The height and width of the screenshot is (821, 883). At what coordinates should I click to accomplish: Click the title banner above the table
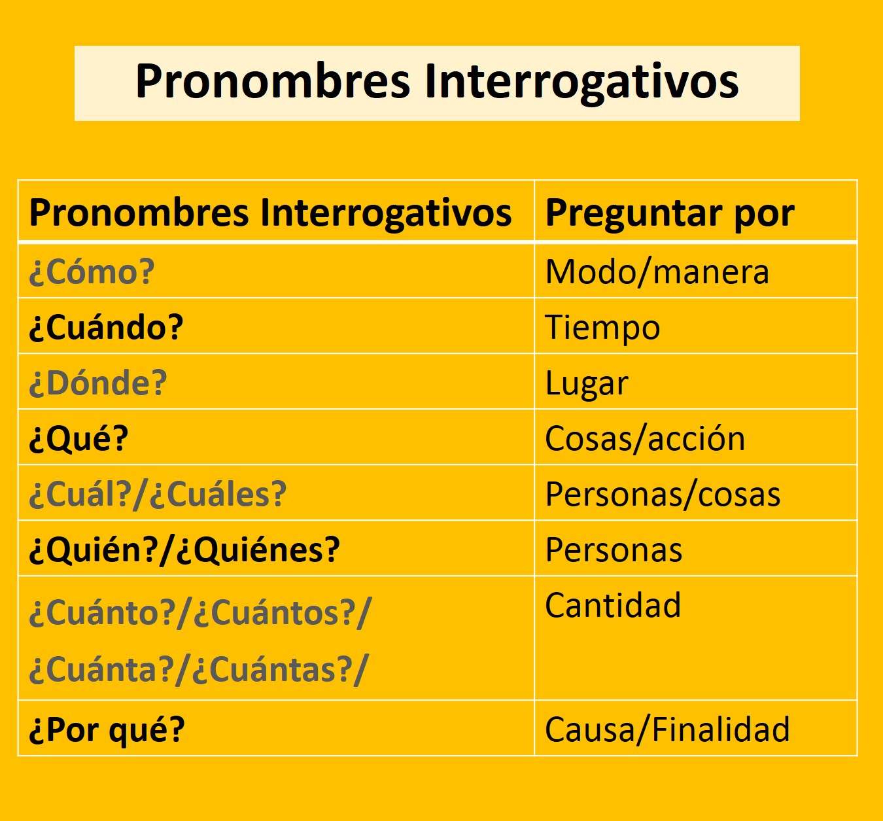(x=437, y=82)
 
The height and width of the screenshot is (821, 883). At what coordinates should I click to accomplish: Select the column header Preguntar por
(x=670, y=213)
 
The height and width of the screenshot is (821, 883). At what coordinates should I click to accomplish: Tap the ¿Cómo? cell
(x=92, y=272)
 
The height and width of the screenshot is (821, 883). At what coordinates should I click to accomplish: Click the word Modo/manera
(x=657, y=272)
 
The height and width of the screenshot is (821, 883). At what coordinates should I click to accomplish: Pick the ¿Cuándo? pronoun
(x=107, y=328)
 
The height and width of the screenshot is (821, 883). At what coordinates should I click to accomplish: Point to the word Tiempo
(x=602, y=328)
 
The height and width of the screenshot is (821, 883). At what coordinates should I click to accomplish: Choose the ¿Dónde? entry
(x=98, y=383)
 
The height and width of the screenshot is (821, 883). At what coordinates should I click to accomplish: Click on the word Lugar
(x=587, y=383)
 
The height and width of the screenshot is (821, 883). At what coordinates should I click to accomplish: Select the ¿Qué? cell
(x=79, y=439)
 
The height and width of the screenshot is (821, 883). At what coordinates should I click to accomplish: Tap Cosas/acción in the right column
(x=645, y=439)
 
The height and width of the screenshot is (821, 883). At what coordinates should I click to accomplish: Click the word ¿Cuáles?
(x=218, y=495)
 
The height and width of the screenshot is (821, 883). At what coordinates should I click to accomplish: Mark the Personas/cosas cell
(x=663, y=495)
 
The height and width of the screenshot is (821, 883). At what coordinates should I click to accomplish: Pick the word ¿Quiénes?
(x=258, y=550)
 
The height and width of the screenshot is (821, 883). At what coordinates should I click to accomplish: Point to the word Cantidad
(x=613, y=606)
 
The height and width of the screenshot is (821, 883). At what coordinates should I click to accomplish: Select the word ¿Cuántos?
(x=275, y=614)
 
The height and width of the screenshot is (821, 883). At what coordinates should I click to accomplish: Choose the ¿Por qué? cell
(x=107, y=730)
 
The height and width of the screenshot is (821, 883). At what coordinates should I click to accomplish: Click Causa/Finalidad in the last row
(x=667, y=730)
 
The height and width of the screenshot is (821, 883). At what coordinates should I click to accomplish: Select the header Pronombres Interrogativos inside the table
(x=270, y=213)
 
